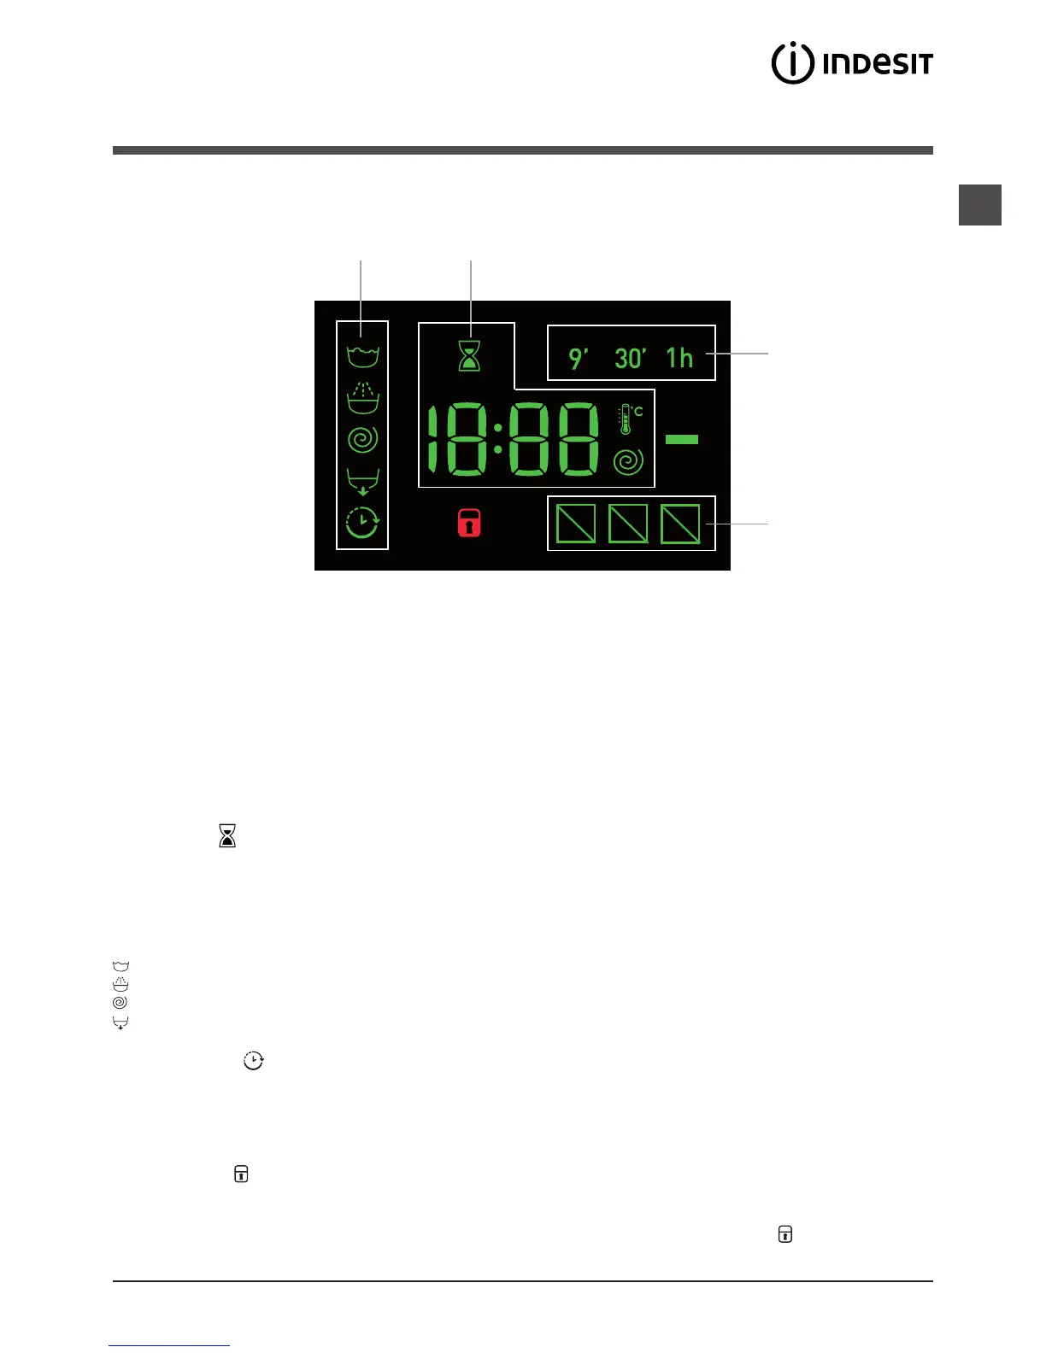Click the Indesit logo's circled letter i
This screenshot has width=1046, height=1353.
(x=792, y=62)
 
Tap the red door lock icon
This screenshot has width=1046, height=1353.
(x=469, y=523)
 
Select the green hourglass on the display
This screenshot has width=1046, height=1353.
(x=469, y=355)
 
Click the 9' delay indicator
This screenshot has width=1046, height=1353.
(x=579, y=358)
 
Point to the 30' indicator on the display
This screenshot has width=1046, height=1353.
(x=630, y=358)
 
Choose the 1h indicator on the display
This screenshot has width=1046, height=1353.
(x=680, y=357)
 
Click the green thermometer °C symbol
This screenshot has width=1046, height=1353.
(x=630, y=418)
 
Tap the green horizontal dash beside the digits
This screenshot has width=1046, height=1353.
(x=681, y=439)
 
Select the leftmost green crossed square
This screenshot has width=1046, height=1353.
(x=576, y=524)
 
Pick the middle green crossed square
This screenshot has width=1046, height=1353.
(x=628, y=524)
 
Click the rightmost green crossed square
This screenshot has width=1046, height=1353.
(x=680, y=524)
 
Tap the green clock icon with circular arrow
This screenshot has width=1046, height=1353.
(x=362, y=522)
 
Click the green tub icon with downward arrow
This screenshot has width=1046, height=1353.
(x=362, y=482)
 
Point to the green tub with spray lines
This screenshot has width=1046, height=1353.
(x=362, y=397)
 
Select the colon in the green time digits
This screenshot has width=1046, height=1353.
(x=497, y=439)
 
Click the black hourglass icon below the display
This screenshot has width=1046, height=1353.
(x=227, y=835)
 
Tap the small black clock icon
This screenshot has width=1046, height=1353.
(x=254, y=1061)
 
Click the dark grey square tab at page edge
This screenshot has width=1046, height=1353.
(x=979, y=205)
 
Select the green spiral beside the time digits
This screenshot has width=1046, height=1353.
(x=628, y=462)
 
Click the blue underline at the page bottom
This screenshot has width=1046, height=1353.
(x=169, y=1345)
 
